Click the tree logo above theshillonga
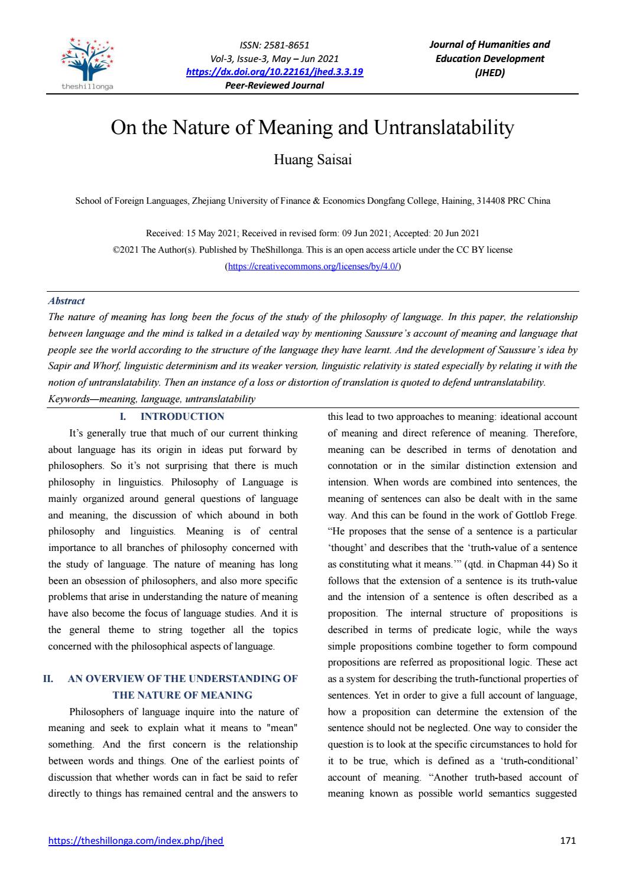88,60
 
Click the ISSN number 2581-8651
288,45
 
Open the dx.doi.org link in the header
274,72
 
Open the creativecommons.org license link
313,266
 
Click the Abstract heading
66,301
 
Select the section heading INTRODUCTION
182,416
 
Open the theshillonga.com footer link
135,840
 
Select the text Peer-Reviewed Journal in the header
275,85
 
